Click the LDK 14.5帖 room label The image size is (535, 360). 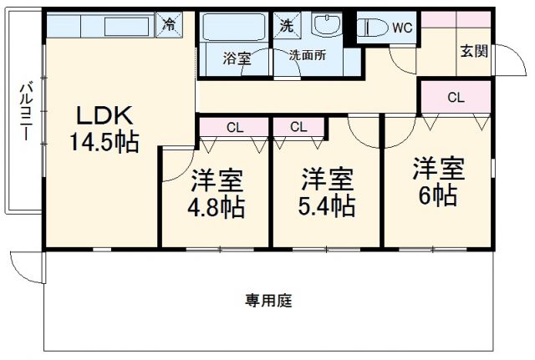(x=103, y=128)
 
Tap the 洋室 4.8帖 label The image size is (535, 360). (x=216, y=193)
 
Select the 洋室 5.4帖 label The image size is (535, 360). (x=327, y=191)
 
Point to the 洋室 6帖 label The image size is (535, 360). (x=437, y=181)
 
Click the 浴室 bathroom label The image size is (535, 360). (x=236, y=58)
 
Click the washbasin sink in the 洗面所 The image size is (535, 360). (x=327, y=26)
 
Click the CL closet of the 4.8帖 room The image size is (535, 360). (x=235, y=127)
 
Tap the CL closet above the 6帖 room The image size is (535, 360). (x=455, y=97)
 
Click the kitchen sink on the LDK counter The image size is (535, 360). (x=122, y=26)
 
